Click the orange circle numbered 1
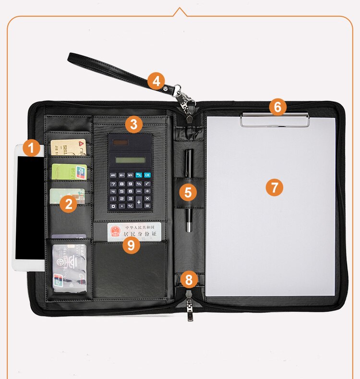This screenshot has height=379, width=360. (x=32, y=147)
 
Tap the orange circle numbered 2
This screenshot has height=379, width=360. (x=69, y=204)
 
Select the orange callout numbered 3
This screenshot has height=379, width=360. (x=134, y=125)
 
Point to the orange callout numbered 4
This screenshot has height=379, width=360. (x=156, y=81)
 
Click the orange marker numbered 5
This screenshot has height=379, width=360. (x=188, y=193)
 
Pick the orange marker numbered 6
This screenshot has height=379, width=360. (x=278, y=107)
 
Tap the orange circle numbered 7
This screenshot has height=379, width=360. (x=275, y=187)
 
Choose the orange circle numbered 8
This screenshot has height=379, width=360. (x=189, y=279)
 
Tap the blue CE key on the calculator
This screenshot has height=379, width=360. (x=147, y=175)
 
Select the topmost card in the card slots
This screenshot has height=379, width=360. (x=68, y=147)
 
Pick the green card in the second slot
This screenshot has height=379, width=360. (x=69, y=171)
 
